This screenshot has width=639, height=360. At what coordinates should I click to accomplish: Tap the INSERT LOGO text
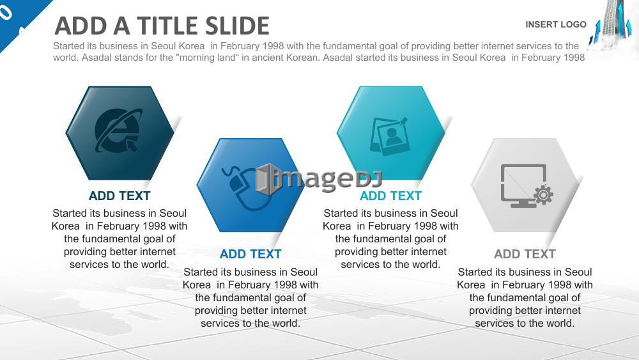click(556, 24)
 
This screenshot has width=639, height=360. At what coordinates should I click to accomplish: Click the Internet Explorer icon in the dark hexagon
click(119, 130)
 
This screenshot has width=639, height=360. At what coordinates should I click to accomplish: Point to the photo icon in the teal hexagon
click(389, 136)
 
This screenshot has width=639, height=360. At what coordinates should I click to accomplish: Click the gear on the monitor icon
click(543, 195)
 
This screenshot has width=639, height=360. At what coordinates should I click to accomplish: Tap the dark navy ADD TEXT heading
click(119, 196)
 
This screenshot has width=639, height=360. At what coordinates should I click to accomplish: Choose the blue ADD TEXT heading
click(250, 254)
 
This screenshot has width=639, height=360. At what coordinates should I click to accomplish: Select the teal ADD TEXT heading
click(390, 196)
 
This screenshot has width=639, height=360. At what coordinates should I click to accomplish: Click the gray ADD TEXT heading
click(525, 254)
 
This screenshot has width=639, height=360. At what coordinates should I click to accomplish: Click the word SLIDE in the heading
click(237, 26)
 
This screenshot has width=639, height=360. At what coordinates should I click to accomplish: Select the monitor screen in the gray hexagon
click(523, 183)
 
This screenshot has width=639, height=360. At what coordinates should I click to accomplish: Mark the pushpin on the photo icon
click(403, 121)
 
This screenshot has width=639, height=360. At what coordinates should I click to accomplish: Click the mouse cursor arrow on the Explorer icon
click(131, 145)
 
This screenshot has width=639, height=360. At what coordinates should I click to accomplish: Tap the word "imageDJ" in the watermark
click(327, 180)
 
